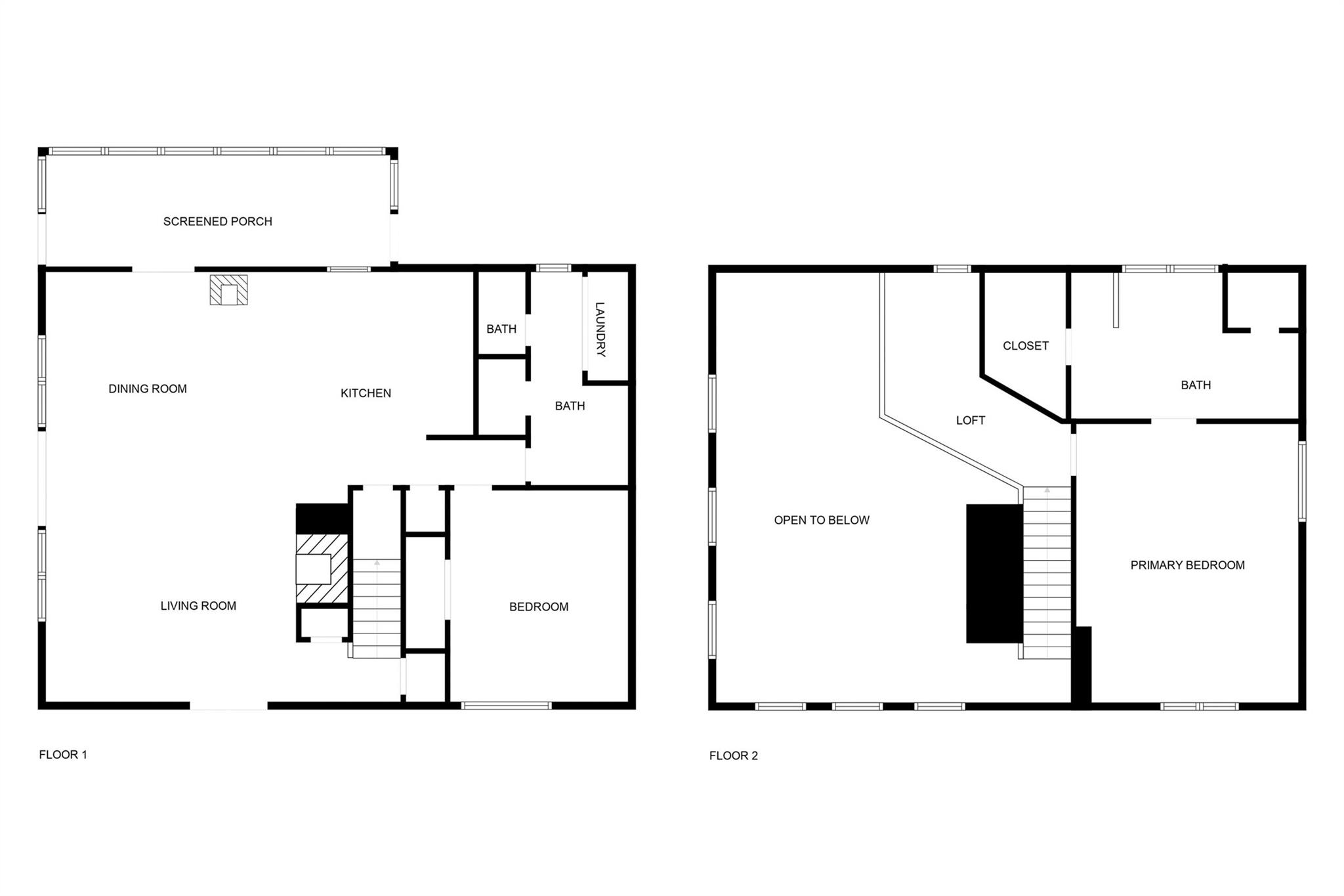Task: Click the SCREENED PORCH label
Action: (217, 222)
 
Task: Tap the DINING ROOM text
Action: (148, 389)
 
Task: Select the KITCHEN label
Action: (366, 393)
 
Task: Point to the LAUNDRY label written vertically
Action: (600, 329)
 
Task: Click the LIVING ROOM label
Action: (198, 606)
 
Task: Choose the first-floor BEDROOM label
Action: (539, 607)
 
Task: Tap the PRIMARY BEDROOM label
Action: (1187, 565)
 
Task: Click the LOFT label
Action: (970, 421)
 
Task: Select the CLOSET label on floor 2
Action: (1025, 346)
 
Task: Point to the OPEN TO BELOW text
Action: (822, 521)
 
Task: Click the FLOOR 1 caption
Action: (63, 755)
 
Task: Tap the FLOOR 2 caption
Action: (733, 756)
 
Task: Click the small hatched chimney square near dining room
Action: (228, 290)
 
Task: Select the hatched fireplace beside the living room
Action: (322, 568)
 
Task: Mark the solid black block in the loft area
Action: (994, 573)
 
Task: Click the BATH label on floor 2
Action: (1196, 385)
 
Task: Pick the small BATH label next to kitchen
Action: (501, 330)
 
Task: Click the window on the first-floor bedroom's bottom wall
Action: (506, 706)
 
